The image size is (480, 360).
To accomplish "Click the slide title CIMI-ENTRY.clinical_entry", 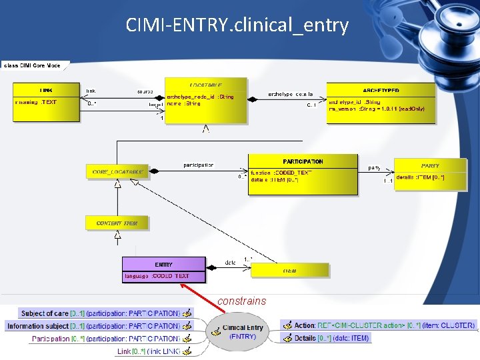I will pyautogui.click(x=237, y=25).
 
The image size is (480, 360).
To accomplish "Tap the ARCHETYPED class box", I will pyautogui.click(x=381, y=103).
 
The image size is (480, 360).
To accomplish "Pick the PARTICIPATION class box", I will pyautogui.click(x=303, y=175).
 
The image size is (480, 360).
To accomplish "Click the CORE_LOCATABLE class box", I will pyautogui.click(x=117, y=172).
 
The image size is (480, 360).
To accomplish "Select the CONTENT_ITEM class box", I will pyautogui.click(x=117, y=223).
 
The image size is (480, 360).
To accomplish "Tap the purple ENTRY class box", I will pyautogui.click(x=164, y=270).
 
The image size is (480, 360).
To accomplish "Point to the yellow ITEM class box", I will pyautogui.click(x=289, y=270).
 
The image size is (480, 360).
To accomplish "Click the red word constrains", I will pyautogui.click(x=241, y=301).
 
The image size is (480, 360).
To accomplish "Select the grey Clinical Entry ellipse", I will pyautogui.click(x=243, y=331).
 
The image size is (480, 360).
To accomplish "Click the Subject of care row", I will pyautogui.click(x=100, y=313).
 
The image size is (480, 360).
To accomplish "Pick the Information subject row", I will pyautogui.click(x=93, y=326).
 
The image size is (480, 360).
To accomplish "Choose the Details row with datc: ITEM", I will pyautogui.click(x=331, y=338).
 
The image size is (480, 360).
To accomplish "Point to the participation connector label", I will pyautogui.click(x=199, y=165).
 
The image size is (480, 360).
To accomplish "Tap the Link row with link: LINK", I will pyautogui.click(x=148, y=351).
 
